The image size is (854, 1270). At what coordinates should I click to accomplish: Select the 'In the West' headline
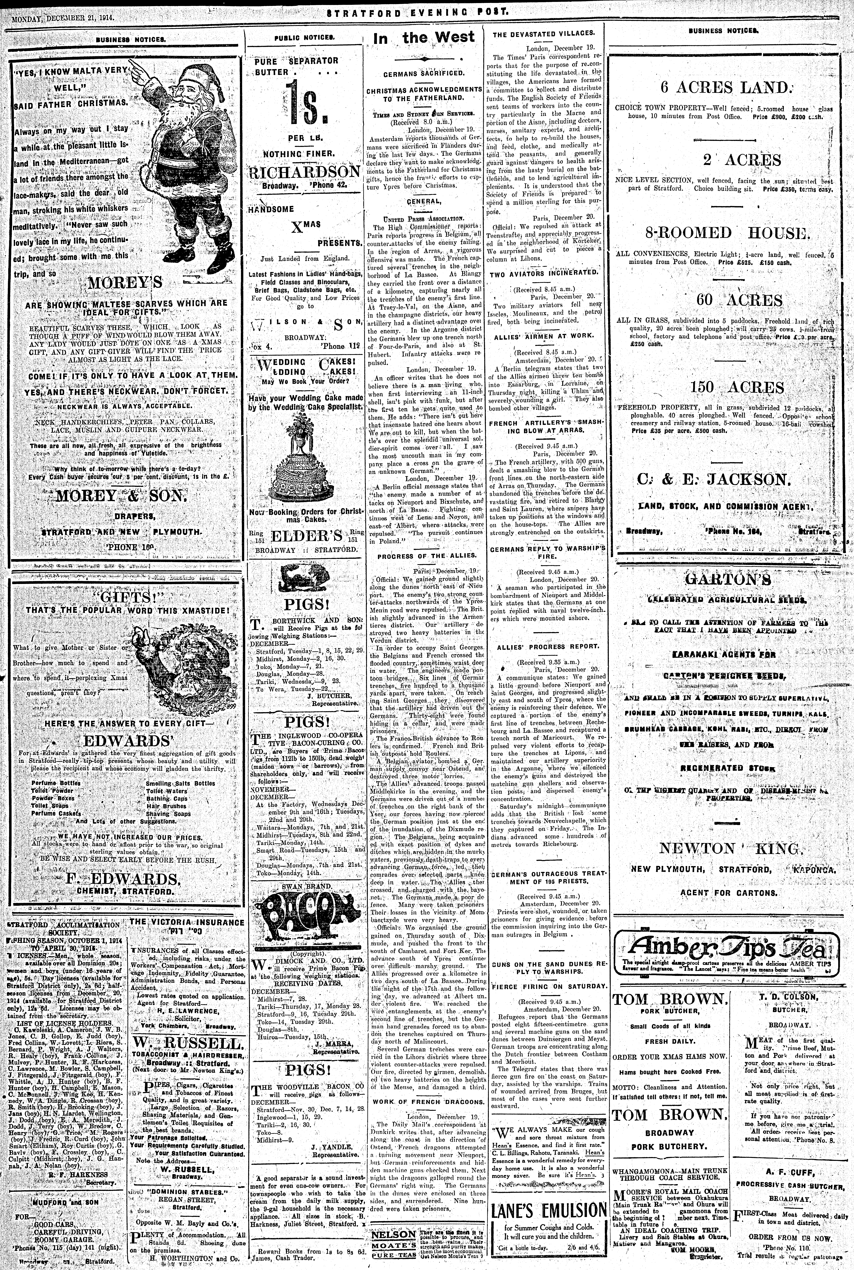click(x=424, y=38)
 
